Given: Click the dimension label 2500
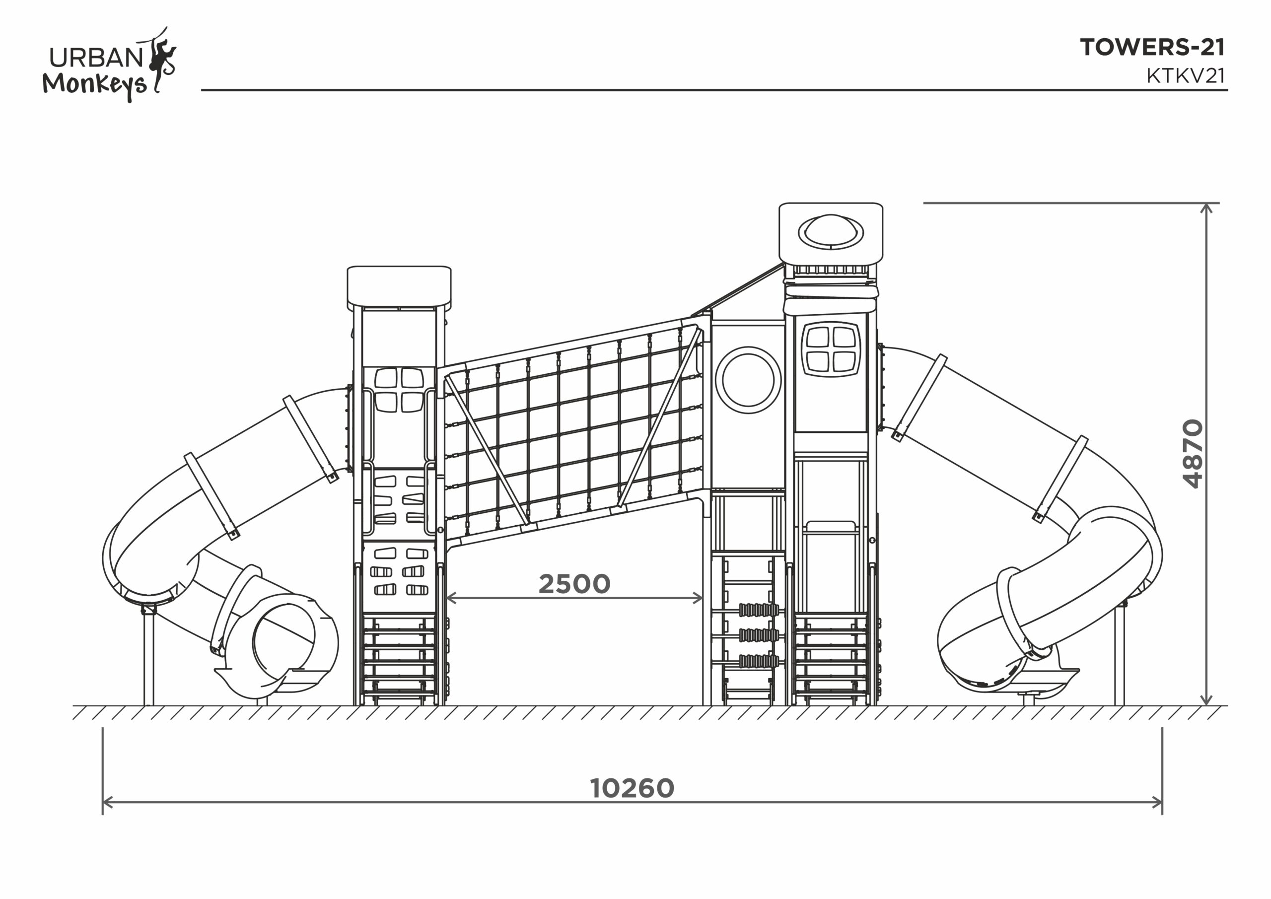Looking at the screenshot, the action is tap(574, 583).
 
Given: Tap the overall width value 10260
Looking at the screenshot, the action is tap(632, 788).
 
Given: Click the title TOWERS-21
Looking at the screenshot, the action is tap(1152, 48).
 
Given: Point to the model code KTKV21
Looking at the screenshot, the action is tap(1186, 76).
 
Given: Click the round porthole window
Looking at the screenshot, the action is tap(748, 380).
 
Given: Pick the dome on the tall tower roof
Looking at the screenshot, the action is tap(830, 231).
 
